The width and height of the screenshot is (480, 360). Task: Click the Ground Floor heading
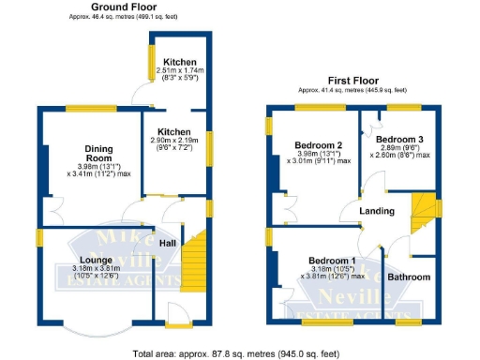pos(123,7)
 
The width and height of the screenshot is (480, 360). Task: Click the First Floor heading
pos(352,82)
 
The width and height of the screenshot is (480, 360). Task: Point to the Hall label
pos(168,244)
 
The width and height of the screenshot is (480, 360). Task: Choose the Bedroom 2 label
pos(318,145)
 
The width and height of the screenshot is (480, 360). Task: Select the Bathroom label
pos(410,277)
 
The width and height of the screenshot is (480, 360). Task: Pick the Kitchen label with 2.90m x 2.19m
pos(174,132)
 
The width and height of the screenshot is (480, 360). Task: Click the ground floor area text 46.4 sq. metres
pos(123,17)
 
